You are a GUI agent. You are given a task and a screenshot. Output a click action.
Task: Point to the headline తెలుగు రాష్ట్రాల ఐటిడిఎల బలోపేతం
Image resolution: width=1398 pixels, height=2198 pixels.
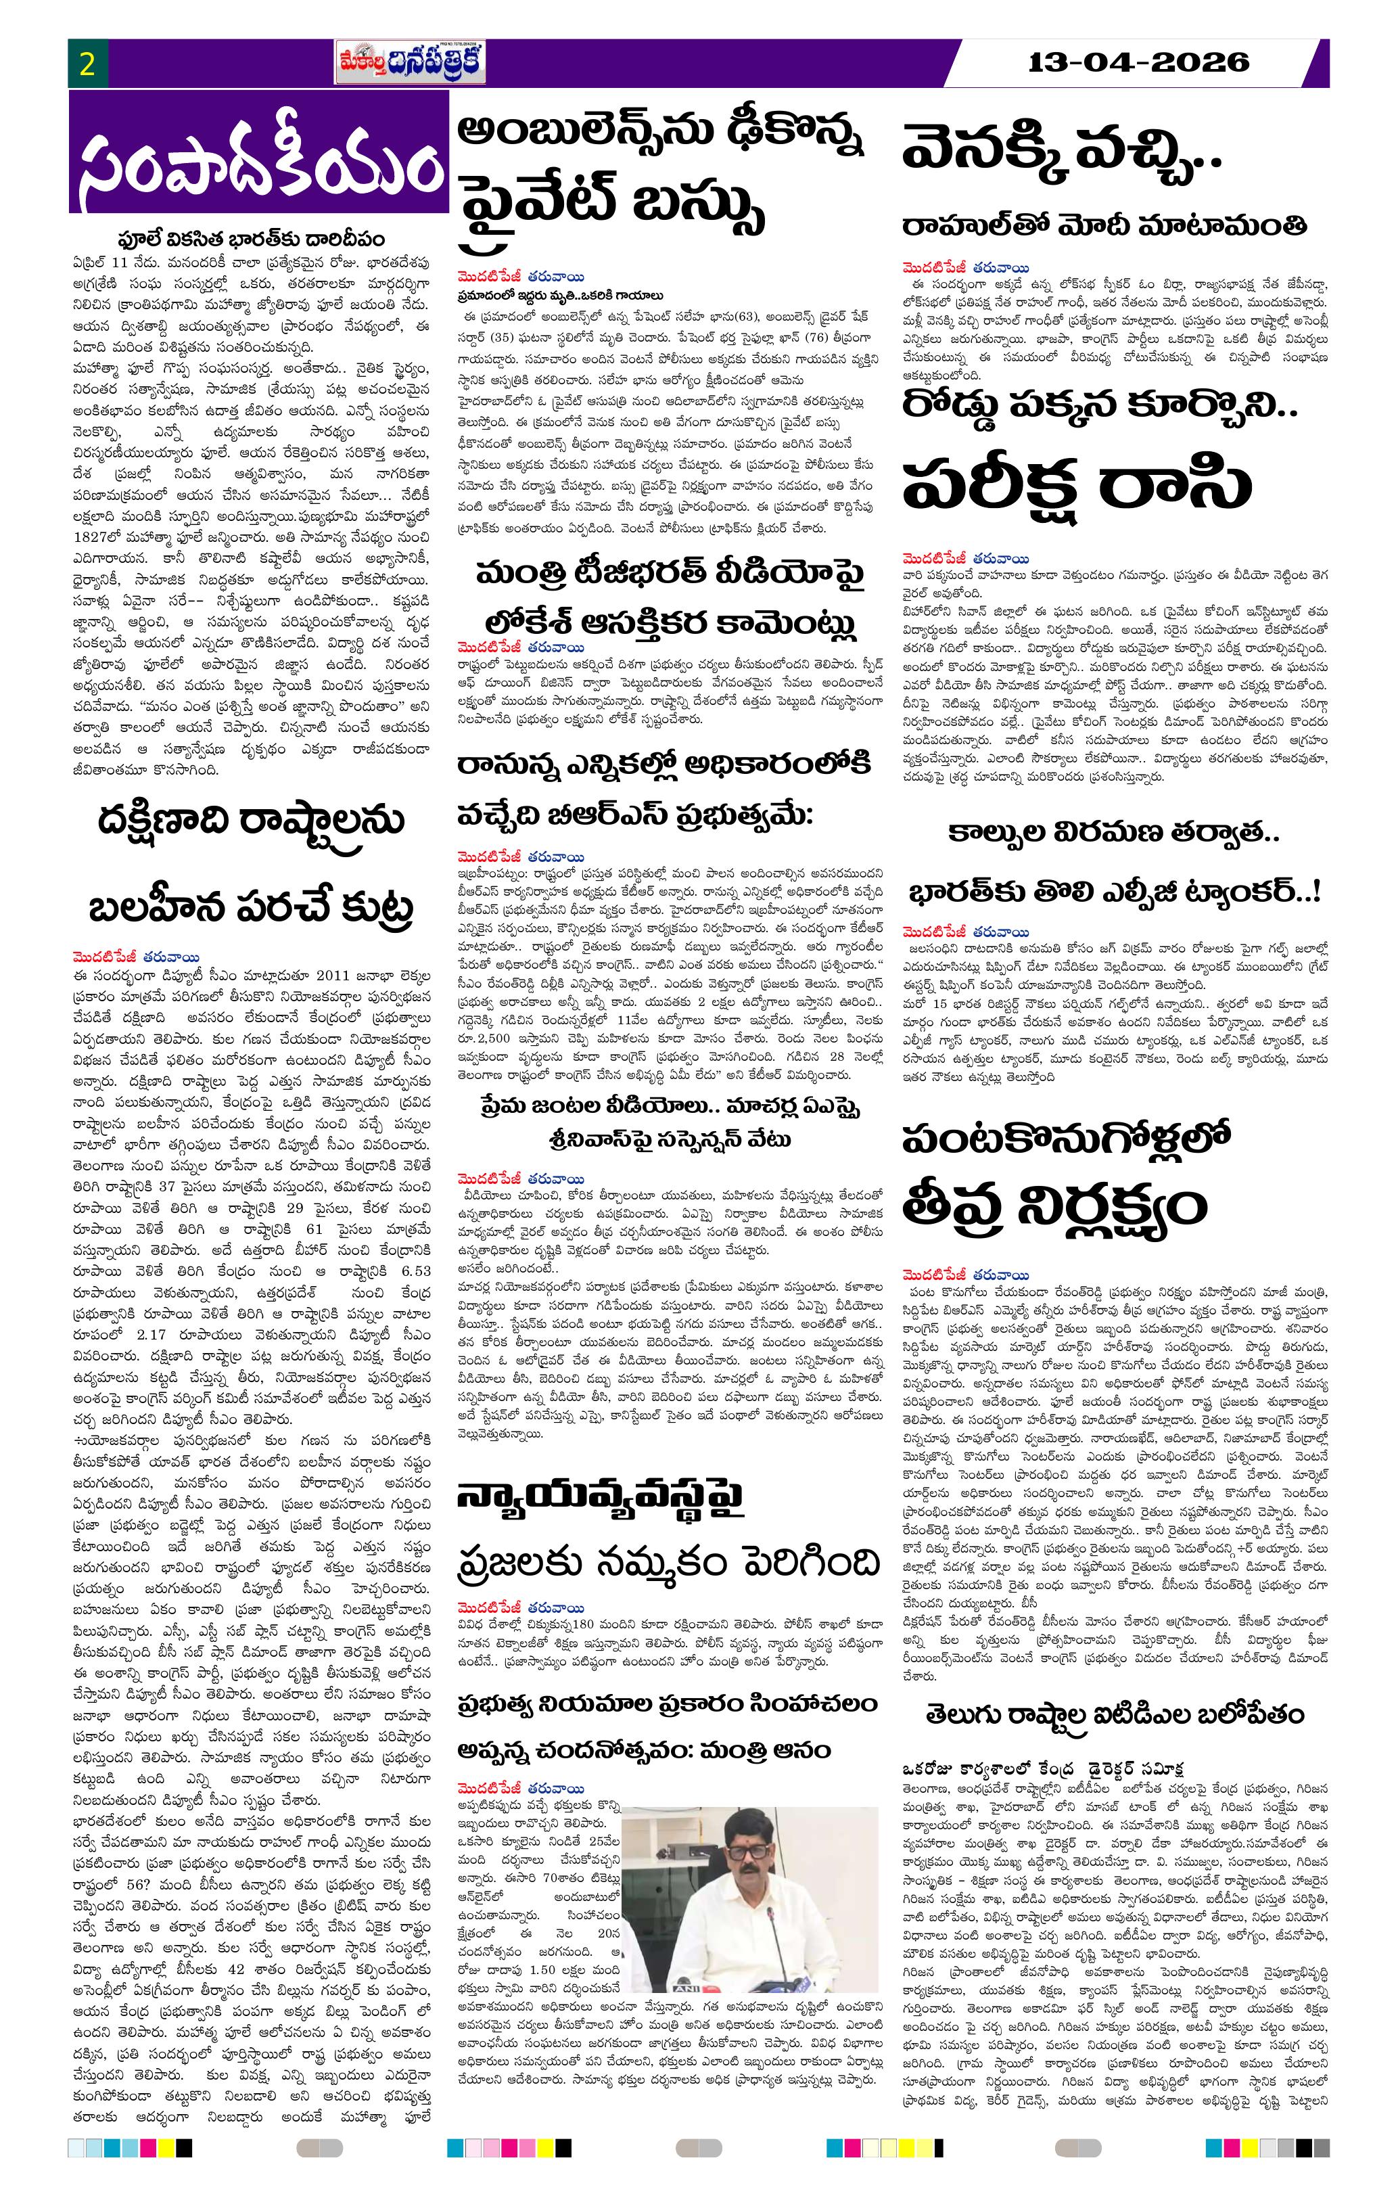click(x=1115, y=1714)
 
